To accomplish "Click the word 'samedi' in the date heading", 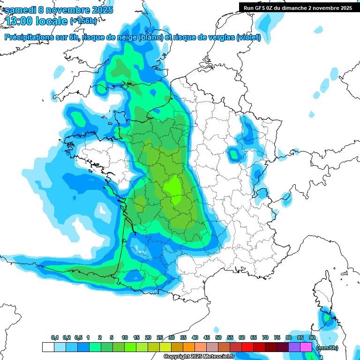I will [x=21, y=10].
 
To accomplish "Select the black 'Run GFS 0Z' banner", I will [x=298, y=7].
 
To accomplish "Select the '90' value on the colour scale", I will [x=312, y=337].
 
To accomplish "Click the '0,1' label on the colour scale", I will [x=55, y=337].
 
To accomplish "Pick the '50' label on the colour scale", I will [x=218, y=337].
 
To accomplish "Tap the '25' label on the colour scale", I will [x=160, y=337].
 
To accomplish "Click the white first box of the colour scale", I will [x=48, y=347].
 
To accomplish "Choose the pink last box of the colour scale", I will [x=306, y=347].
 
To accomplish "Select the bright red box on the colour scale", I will [x=247, y=347].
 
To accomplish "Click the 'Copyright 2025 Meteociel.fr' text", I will [x=199, y=357].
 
